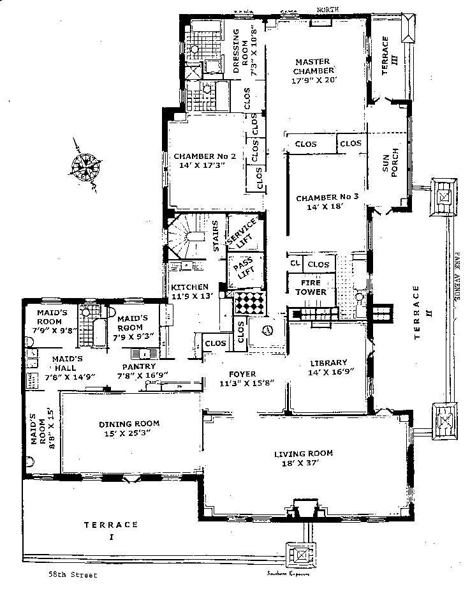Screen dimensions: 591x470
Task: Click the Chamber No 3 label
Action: click(x=327, y=198)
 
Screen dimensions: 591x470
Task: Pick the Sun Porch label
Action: click(x=390, y=168)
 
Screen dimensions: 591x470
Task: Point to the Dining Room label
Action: click(x=129, y=423)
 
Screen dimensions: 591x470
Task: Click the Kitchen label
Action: click(x=189, y=287)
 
